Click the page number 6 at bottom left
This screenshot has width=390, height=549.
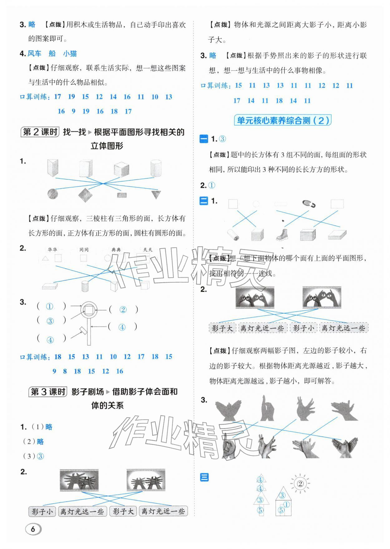click(33, 529)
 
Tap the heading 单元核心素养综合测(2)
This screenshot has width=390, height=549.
click(282, 120)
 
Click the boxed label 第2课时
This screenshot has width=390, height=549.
click(40, 132)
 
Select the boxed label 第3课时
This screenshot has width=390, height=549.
click(48, 391)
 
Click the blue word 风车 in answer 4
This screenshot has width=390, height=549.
click(34, 53)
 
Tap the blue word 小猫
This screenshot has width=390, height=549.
click(70, 53)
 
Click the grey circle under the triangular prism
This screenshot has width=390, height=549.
click(52, 194)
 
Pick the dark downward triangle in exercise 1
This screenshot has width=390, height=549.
click(156, 194)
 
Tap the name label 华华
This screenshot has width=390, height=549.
click(52, 249)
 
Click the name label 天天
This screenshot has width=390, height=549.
click(148, 249)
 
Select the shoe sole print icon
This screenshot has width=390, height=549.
click(309, 204)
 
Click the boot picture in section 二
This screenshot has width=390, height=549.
click(282, 234)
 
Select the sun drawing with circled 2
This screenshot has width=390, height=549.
click(300, 484)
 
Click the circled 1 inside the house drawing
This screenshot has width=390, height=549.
click(286, 505)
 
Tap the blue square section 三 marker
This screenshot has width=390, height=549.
click(204, 477)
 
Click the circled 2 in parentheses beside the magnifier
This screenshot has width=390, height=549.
click(123, 310)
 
